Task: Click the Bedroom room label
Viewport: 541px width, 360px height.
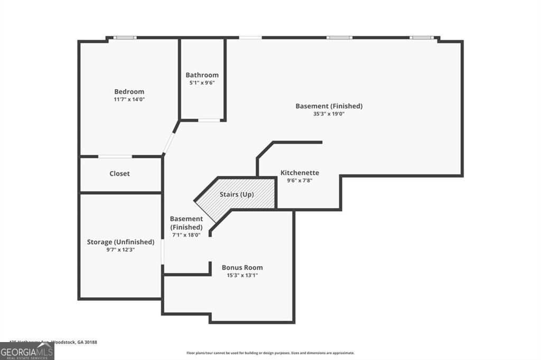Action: point(129,92)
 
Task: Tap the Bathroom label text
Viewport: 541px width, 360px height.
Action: point(202,75)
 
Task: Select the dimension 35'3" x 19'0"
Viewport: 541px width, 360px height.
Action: point(329,113)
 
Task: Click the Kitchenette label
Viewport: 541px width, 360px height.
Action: point(300,173)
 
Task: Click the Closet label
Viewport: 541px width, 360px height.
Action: point(119,174)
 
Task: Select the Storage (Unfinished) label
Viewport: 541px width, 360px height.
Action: point(120,242)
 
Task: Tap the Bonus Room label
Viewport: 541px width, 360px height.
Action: point(242,267)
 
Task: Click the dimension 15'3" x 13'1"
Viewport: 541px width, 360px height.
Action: point(242,275)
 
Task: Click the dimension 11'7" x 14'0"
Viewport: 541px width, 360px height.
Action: point(129,99)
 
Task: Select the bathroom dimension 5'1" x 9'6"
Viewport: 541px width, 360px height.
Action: point(202,82)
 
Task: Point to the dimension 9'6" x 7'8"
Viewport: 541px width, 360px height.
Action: point(300,181)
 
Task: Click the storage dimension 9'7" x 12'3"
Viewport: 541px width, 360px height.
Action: point(120,250)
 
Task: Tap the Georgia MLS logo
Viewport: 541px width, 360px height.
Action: point(27,351)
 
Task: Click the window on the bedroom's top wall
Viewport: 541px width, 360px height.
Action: point(125,37)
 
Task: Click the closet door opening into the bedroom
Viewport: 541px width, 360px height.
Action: point(115,156)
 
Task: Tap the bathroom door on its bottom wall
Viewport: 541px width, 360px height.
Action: point(209,120)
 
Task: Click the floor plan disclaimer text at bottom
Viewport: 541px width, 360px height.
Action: point(270,353)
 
